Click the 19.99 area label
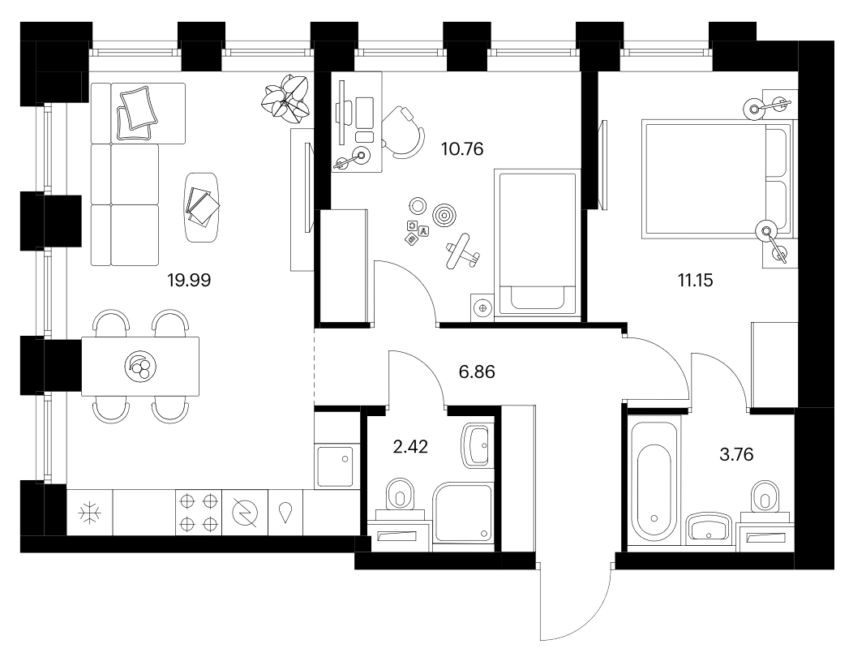pyautogui.click(x=189, y=280)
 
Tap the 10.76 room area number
pyautogui.click(x=462, y=148)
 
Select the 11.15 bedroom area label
pyautogui.click(x=696, y=280)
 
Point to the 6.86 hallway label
pyautogui.click(x=477, y=371)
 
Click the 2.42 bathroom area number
pyautogui.click(x=410, y=446)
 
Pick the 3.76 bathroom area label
pyautogui.click(x=736, y=454)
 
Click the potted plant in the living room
pyautogui.click(x=287, y=98)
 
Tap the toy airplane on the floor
pyautogui.click(x=461, y=251)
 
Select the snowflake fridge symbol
pyautogui.click(x=89, y=513)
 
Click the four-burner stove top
pyautogui.click(x=199, y=513)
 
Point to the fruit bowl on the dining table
pyautogui.click(x=140, y=366)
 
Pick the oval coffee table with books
pyautogui.click(x=202, y=207)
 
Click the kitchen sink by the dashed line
pyautogui.click(x=335, y=466)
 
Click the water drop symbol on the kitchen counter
pyautogui.click(x=285, y=513)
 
